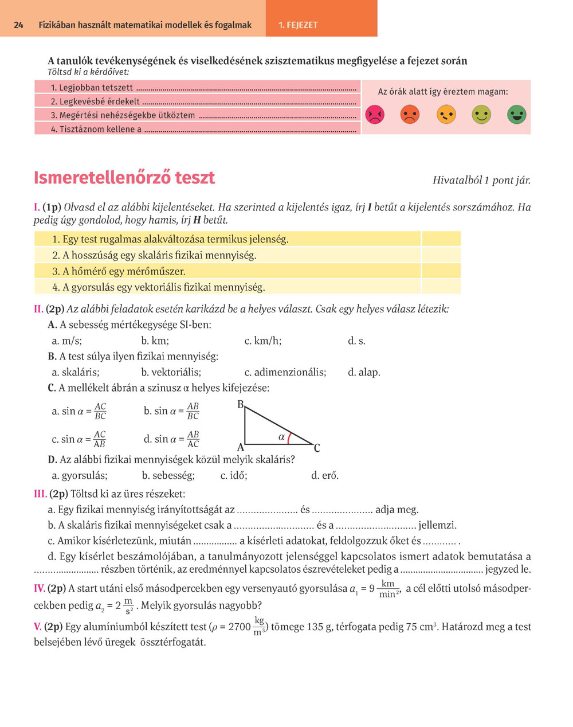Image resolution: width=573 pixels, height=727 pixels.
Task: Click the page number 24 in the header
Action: click(18, 25)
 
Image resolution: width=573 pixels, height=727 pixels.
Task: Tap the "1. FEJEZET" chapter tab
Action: click(297, 25)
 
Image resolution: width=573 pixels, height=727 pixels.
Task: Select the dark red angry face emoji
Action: click(374, 115)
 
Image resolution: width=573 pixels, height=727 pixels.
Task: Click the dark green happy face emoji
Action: click(516, 115)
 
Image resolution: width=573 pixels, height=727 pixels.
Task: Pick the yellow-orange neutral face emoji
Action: click(446, 115)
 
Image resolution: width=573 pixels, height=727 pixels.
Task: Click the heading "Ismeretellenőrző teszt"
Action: click(124, 178)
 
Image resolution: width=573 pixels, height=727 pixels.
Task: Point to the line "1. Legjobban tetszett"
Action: click(92, 88)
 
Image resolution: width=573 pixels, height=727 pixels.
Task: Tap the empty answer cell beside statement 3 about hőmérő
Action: click(441, 271)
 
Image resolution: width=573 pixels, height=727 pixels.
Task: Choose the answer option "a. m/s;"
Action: click(66, 341)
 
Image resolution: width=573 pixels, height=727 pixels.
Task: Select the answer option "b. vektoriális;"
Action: click(171, 372)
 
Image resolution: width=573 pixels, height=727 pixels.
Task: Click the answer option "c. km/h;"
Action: click(262, 341)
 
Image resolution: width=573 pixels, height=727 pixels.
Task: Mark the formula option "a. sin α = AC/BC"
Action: click(79, 411)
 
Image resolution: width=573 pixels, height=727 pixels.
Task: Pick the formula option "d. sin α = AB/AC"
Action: click(171, 439)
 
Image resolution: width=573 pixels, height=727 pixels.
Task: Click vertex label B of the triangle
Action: click(241, 405)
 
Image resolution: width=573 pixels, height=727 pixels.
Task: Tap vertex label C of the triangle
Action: click(317, 448)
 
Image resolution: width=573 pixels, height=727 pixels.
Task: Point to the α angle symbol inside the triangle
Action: click(281, 437)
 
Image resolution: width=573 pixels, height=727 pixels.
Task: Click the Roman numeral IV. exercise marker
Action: click(40, 588)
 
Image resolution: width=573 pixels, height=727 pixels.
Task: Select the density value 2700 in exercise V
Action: click(240, 627)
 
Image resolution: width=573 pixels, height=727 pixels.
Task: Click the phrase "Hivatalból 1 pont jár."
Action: click(481, 180)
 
